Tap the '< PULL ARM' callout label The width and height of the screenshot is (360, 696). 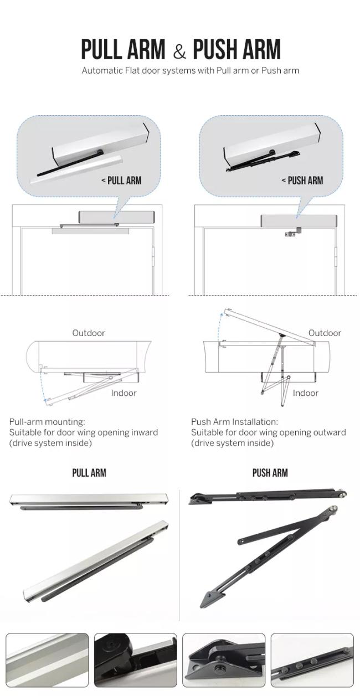pyautogui.click(x=121, y=180)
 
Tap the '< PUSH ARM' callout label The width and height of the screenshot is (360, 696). pyautogui.click(x=302, y=180)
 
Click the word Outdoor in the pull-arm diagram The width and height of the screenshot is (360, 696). pyautogui.click(x=89, y=333)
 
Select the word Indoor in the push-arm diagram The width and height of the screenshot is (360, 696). pyautogui.click(x=306, y=393)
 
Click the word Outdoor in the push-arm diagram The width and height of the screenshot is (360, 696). pyautogui.click(x=325, y=333)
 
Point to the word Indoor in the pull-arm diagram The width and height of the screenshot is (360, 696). pyautogui.click(x=124, y=393)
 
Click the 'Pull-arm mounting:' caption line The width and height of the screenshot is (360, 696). pyautogui.click(x=47, y=421)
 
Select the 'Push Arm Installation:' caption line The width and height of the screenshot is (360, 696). pyautogui.click(x=234, y=421)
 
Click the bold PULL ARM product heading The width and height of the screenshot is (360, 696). pyautogui.click(x=89, y=473)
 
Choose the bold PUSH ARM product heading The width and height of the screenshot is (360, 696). pyautogui.click(x=270, y=473)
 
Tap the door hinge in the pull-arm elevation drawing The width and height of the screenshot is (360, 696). pyautogui.click(x=153, y=256)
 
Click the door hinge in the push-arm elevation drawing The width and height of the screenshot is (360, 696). pyautogui.click(x=336, y=256)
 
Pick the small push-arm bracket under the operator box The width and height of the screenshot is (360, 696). pyautogui.click(x=293, y=232)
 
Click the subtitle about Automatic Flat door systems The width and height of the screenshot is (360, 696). pyautogui.click(x=191, y=70)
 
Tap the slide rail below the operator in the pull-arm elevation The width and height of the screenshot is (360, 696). pyautogui.click(x=90, y=231)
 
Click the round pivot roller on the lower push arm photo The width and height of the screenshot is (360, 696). pyautogui.click(x=333, y=510)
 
